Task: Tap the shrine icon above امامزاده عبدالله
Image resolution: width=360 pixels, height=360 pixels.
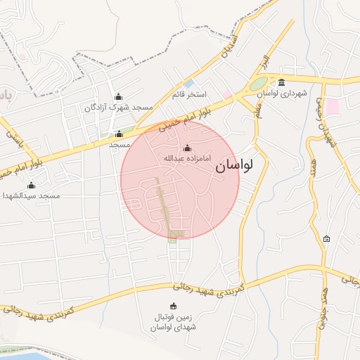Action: pyautogui.click(x=187, y=148)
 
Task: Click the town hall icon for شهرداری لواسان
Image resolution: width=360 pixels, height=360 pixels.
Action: pyautogui.click(x=282, y=82)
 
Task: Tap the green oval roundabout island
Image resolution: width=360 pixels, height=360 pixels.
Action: pyautogui.click(x=258, y=84)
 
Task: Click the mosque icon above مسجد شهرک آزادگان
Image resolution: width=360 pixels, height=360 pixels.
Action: pyautogui.click(x=118, y=97)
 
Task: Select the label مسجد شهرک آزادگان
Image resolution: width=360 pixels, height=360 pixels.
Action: pyautogui.click(x=119, y=108)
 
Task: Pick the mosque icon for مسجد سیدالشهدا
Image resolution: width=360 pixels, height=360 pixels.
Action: pyautogui.click(x=31, y=186)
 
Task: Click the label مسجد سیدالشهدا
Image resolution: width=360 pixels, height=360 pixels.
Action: pyautogui.click(x=31, y=196)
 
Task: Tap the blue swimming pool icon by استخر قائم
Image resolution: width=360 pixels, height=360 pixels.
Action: pyautogui.click(x=188, y=84)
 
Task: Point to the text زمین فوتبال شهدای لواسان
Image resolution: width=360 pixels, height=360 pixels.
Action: pyautogui.click(x=173, y=322)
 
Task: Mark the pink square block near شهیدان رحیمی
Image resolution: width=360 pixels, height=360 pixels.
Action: pyautogui.click(x=331, y=106)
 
